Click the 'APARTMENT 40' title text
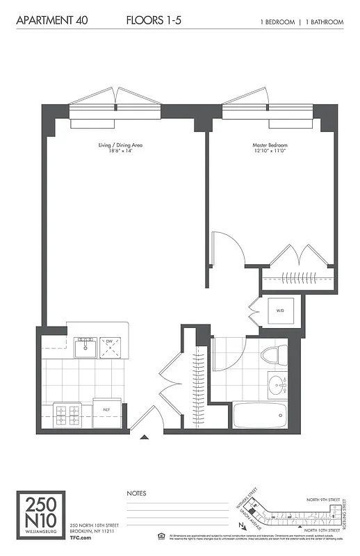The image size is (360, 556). pos(45,22)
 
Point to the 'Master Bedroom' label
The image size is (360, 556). pos(270,148)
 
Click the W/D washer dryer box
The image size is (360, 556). pos(280,311)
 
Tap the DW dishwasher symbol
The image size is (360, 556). pos(109,346)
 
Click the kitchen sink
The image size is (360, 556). pos(86,346)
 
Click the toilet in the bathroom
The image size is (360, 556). pos(273,356)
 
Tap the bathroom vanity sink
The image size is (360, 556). pos(278,384)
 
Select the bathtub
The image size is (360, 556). pos(259,416)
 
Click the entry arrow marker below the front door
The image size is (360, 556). pos(145,438)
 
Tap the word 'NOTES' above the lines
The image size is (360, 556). pos(136,493)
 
